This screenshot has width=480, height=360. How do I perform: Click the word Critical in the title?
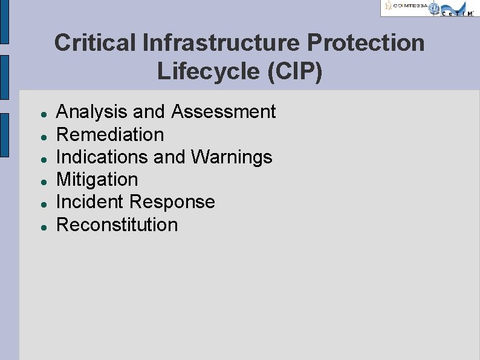(x=95, y=43)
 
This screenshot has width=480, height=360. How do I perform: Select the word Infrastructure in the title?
(x=221, y=43)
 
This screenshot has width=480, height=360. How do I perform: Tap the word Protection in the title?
(x=366, y=43)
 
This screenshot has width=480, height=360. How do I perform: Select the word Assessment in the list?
(x=224, y=112)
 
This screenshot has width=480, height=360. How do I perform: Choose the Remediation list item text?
(x=110, y=134)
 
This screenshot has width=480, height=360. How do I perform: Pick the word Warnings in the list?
(x=232, y=157)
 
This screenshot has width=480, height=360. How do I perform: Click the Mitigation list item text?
(x=97, y=180)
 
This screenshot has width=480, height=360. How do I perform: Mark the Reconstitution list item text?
(x=117, y=225)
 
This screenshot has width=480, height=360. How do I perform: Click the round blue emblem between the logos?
(x=433, y=7)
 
